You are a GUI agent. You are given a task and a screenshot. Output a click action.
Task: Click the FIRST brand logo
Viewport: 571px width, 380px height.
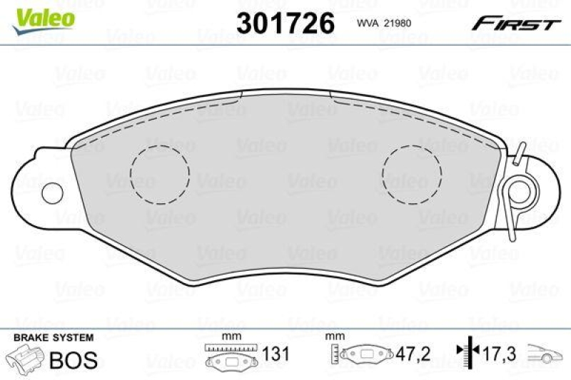(x=514, y=24)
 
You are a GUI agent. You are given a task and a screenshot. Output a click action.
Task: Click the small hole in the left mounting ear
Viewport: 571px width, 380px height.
(x=52, y=192)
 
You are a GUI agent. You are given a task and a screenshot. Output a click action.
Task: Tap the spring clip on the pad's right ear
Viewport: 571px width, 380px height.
(x=517, y=190)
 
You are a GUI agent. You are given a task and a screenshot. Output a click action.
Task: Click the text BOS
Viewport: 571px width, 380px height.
(x=74, y=359)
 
